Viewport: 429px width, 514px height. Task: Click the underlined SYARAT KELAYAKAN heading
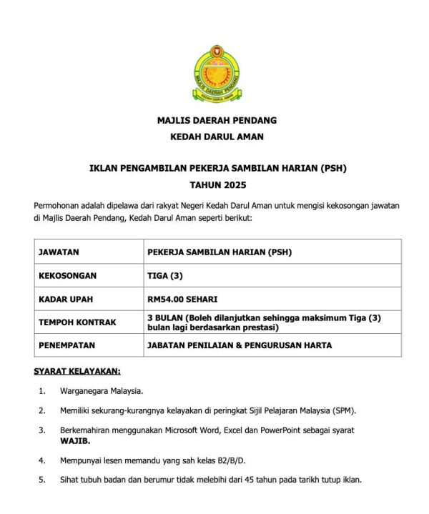click(x=77, y=371)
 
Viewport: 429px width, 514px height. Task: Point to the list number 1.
click(x=42, y=391)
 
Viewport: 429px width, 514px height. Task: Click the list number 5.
click(x=42, y=480)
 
